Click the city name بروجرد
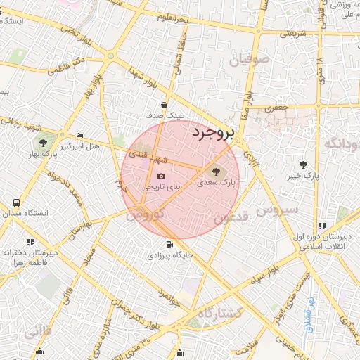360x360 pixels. point(215,131)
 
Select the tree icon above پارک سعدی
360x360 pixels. point(216,171)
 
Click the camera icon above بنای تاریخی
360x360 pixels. point(161,176)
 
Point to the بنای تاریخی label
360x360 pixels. point(161,188)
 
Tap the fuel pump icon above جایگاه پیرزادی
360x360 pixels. point(168,245)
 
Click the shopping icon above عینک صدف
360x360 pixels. point(163,105)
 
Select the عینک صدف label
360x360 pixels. point(164,115)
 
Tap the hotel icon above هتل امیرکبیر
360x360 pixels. point(79,135)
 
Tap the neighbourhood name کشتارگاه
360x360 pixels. point(220,313)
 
